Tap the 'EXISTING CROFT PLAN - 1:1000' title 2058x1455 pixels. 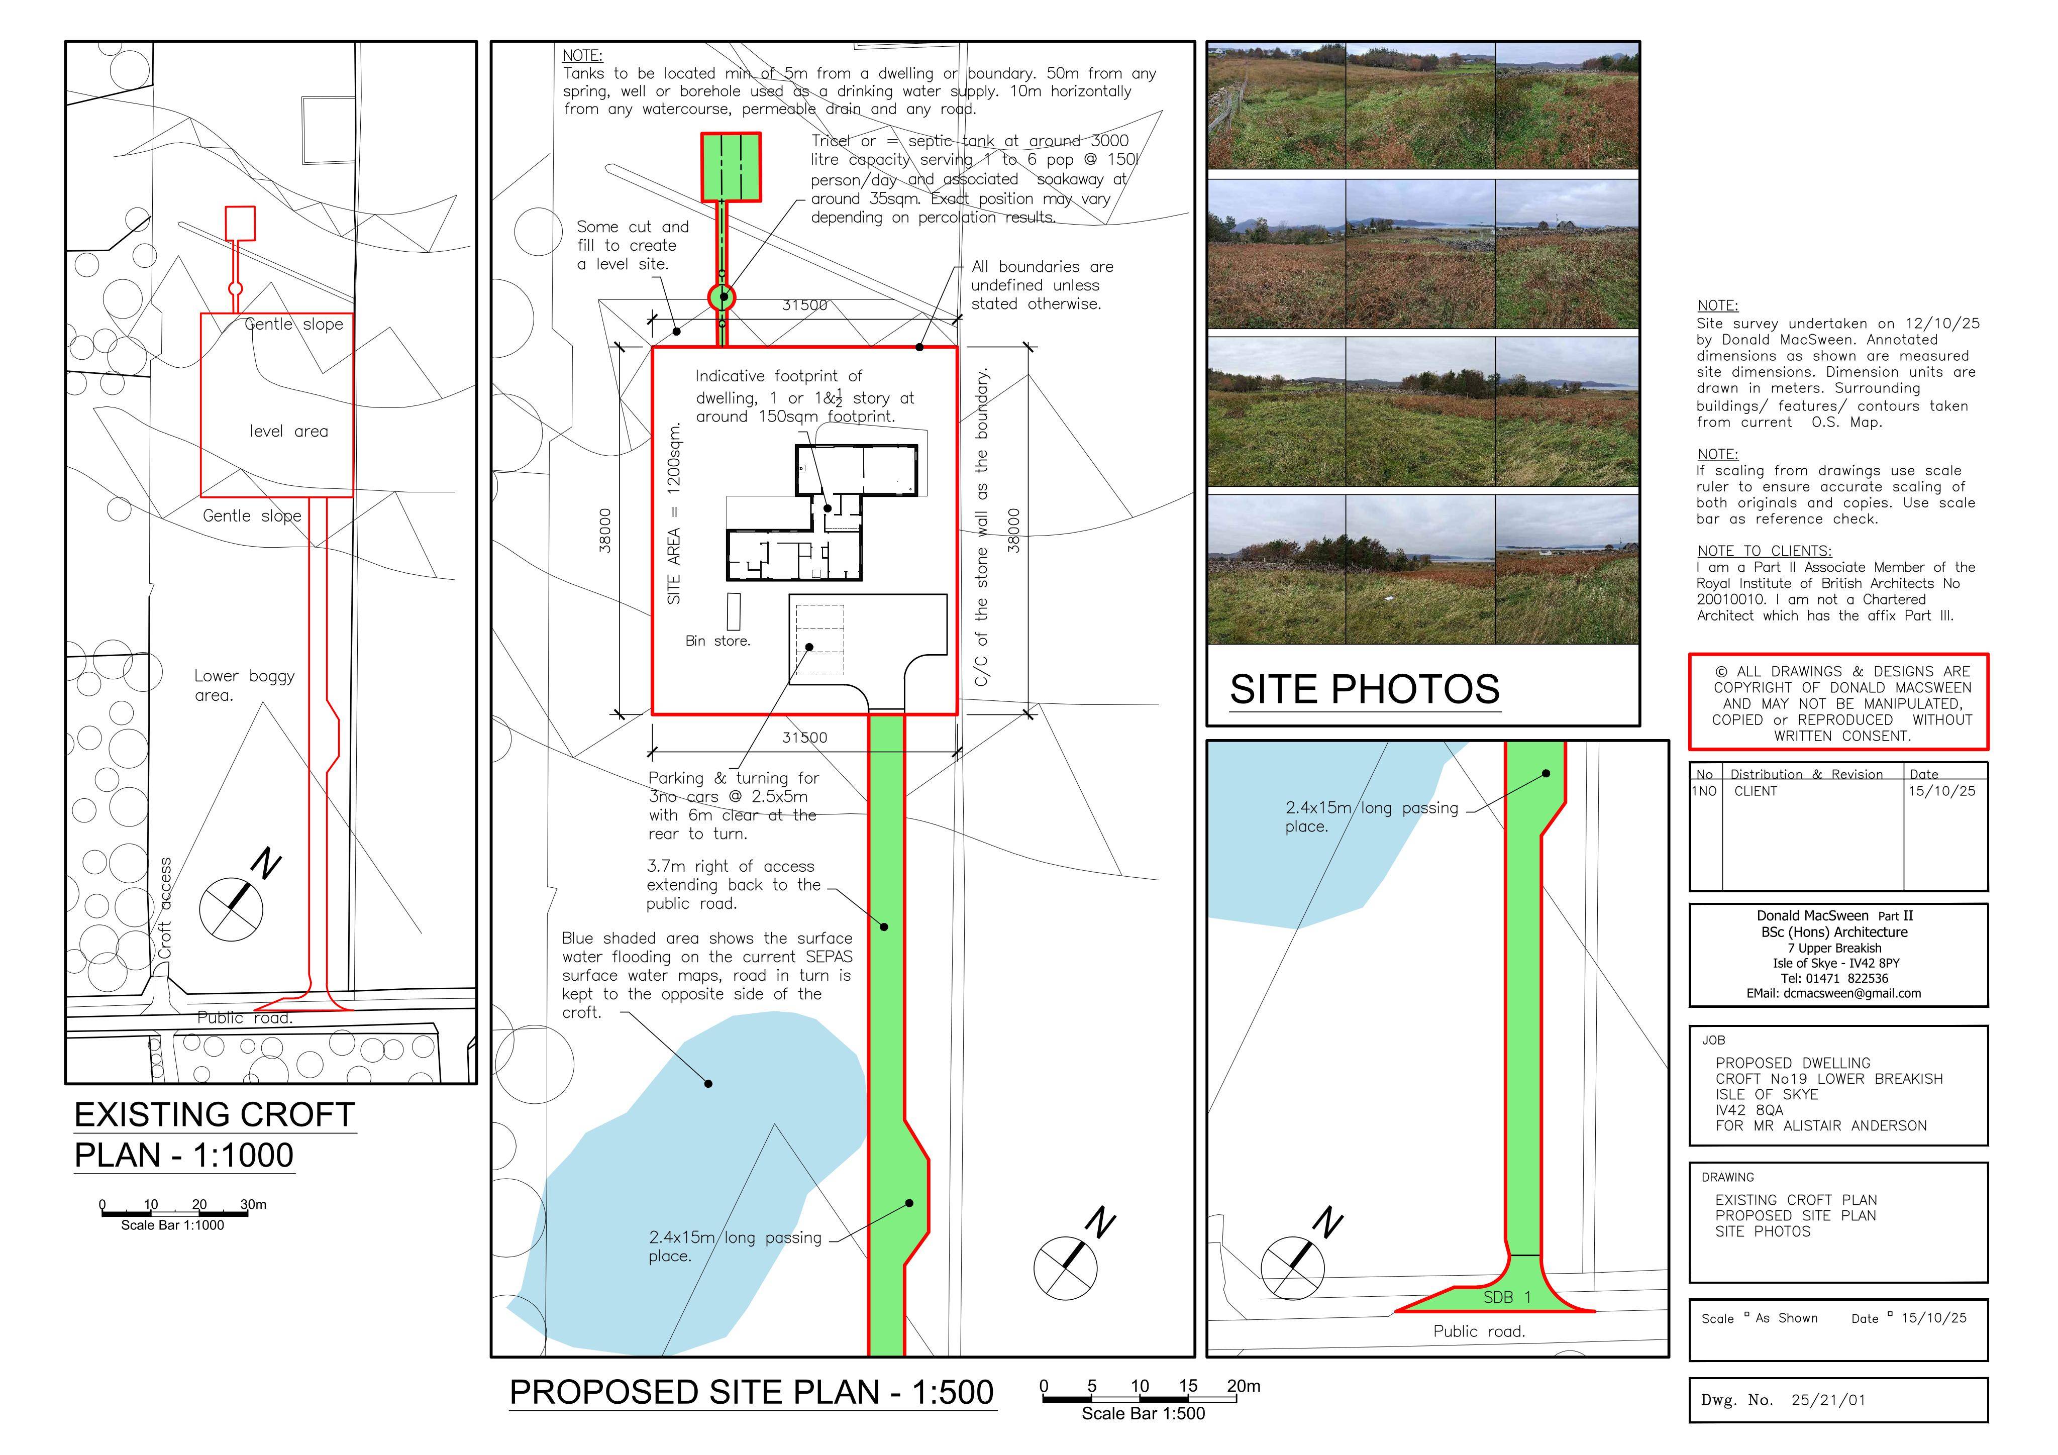tap(215, 1135)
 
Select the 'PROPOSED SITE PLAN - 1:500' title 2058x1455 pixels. tap(751, 1392)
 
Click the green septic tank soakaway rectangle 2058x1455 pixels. tap(731, 167)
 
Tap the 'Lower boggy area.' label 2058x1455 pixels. tap(244, 685)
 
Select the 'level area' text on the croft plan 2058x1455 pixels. tap(288, 431)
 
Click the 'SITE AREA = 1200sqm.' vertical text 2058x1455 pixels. tap(674, 513)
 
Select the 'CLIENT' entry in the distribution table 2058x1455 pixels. tap(1755, 792)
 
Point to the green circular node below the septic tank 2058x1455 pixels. tap(722, 297)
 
